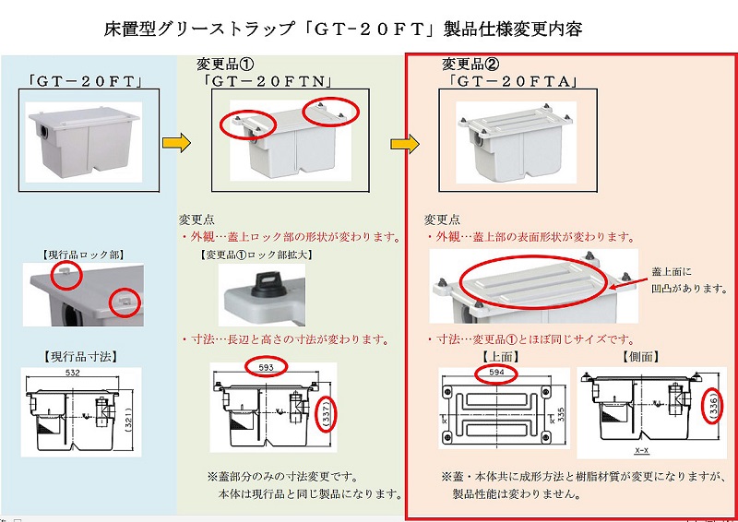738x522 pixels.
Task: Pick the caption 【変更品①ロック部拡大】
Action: [255, 255]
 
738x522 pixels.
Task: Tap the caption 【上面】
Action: [498, 355]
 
